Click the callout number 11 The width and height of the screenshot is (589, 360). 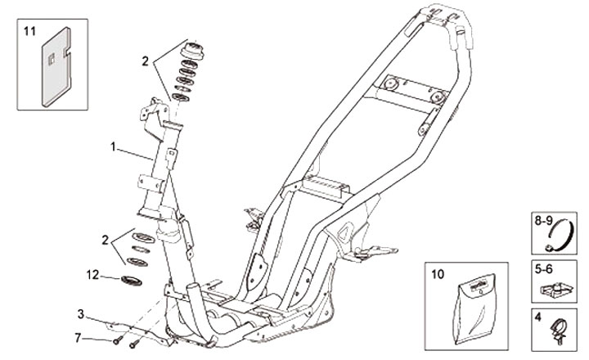(29, 32)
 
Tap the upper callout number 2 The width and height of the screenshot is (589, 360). (144, 61)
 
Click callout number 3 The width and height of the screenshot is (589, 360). (81, 313)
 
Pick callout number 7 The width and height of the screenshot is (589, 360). (78, 337)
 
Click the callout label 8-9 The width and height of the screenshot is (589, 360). (543, 220)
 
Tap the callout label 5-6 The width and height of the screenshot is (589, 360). (543, 267)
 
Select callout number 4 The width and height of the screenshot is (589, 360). (537, 315)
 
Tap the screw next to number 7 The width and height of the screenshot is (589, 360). (117, 339)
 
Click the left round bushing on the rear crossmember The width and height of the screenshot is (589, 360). (392, 84)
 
